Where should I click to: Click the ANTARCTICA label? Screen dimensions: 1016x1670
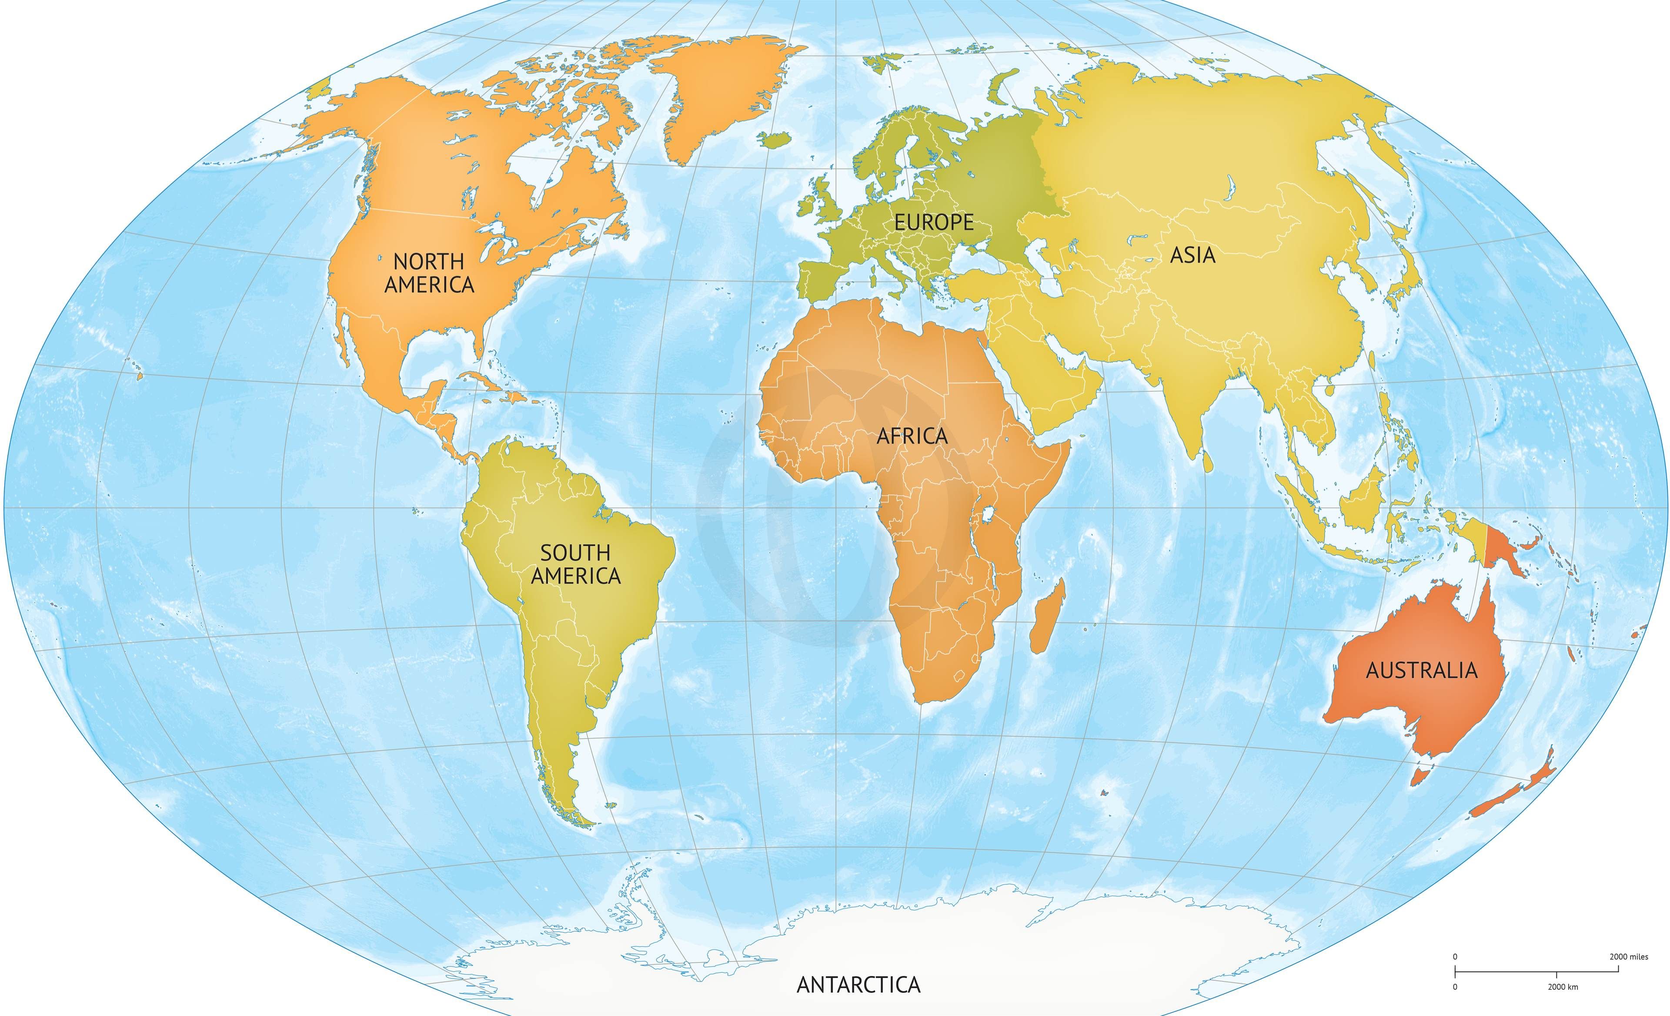[858, 984]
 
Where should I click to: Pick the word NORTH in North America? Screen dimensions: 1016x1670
[428, 261]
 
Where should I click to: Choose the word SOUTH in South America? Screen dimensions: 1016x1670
[575, 553]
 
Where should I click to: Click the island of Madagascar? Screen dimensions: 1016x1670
[1047, 617]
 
